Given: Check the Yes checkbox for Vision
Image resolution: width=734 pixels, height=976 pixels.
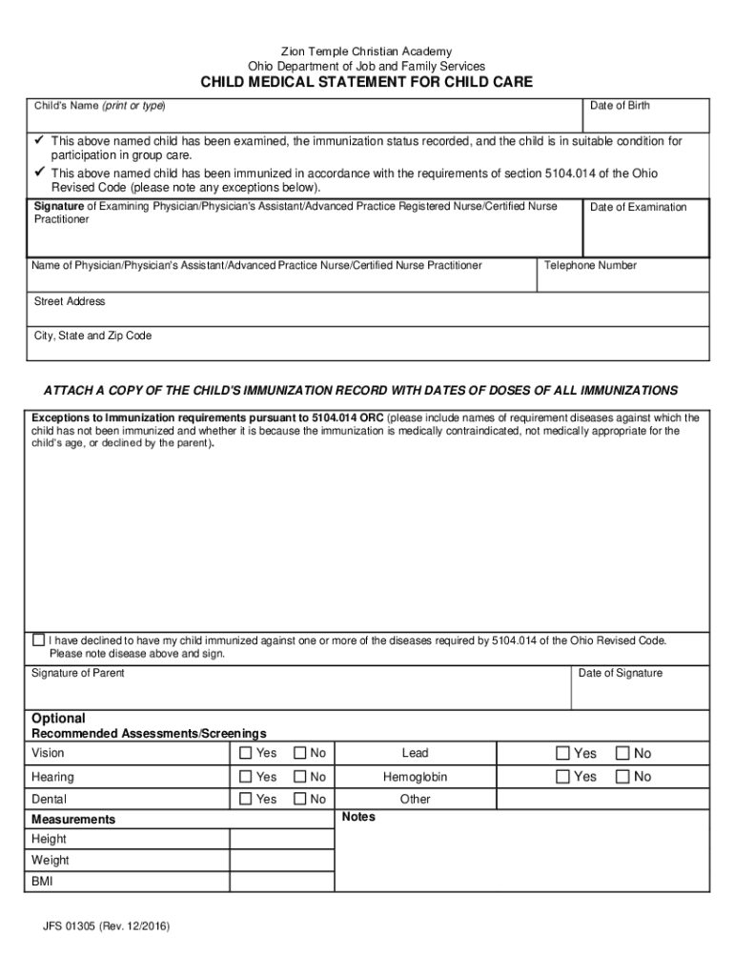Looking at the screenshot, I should (246, 754).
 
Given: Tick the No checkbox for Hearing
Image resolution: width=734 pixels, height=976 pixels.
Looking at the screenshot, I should (300, 777).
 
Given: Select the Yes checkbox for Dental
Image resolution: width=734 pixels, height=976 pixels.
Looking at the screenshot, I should (246, 799).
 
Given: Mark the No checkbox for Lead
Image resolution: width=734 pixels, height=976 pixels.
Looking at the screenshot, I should (623, 754).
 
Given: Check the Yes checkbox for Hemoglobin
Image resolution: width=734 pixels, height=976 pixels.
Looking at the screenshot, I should (563, 777).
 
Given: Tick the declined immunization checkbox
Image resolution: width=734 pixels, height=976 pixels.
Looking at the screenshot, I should (38, 640).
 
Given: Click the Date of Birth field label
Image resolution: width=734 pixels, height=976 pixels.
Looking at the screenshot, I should (620, 106).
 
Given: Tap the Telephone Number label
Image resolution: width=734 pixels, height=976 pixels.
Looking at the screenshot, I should (590, 266).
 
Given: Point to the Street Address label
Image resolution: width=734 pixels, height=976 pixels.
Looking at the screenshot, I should (70, 302).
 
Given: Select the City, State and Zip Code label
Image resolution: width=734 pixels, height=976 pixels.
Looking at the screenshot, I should (92, 336).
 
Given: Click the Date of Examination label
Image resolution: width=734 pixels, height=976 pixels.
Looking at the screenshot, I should (638, 208).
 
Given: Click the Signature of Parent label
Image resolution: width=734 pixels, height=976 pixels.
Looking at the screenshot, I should (77, 674).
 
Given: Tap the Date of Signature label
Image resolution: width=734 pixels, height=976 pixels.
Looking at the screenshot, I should (620, 674).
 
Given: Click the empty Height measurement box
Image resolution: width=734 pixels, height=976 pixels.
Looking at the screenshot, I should (281, 840).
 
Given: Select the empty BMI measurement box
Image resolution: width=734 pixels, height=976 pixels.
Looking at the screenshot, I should (281, 882).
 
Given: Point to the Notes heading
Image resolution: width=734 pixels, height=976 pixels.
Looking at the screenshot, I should (357, 818).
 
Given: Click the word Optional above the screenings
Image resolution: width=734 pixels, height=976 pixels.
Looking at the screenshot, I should (58, 719).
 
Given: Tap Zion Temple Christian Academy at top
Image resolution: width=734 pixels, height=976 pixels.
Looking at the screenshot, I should (366, 51).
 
